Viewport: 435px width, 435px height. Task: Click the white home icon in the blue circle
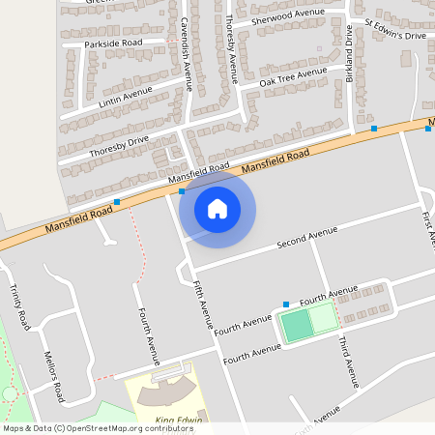[217, 208]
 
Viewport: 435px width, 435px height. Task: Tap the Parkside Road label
[113, 43]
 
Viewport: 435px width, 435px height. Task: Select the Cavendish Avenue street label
[186, 52]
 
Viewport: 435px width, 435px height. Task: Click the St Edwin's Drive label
[394, 29]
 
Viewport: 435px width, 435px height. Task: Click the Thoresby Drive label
[119, 146]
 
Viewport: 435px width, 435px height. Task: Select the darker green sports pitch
[297, 325]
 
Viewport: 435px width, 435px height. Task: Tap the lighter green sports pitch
[322, 317]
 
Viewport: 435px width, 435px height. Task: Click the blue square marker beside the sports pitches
[284, 304]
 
